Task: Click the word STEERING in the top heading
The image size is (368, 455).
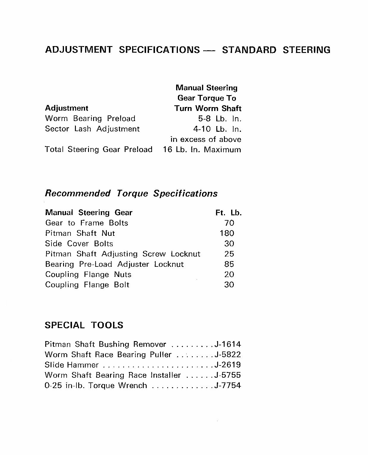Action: coord(306,50)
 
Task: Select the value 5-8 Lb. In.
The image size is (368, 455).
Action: coord(220,119)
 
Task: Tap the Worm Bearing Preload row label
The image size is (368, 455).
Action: coord(90,118)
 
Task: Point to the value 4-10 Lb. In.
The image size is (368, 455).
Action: coord(217,129)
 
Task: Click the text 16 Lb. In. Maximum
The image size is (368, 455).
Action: coord(202,150)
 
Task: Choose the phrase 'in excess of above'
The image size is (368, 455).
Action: coord(206,139)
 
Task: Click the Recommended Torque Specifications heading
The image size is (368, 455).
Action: coord(131,194)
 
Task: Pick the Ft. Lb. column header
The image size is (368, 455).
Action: coord(228,213)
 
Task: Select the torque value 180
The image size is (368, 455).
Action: coord(227,233)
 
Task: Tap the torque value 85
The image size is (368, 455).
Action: coord(229,264)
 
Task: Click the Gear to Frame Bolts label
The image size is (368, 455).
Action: coord(87,223)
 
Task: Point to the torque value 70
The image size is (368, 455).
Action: coord(229,223)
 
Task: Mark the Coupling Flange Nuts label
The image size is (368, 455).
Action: coord(88,274)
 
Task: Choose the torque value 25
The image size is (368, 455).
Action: coord(229,254)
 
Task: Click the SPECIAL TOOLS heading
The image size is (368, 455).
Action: coord(84,325)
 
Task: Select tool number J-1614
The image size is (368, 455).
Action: coord(228,344)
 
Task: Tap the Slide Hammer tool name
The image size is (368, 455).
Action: coord(71,365)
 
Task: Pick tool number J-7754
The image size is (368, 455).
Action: coord(228,386)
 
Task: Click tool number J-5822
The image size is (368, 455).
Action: coord(228,355)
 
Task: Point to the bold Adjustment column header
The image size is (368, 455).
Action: coord(67,108)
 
